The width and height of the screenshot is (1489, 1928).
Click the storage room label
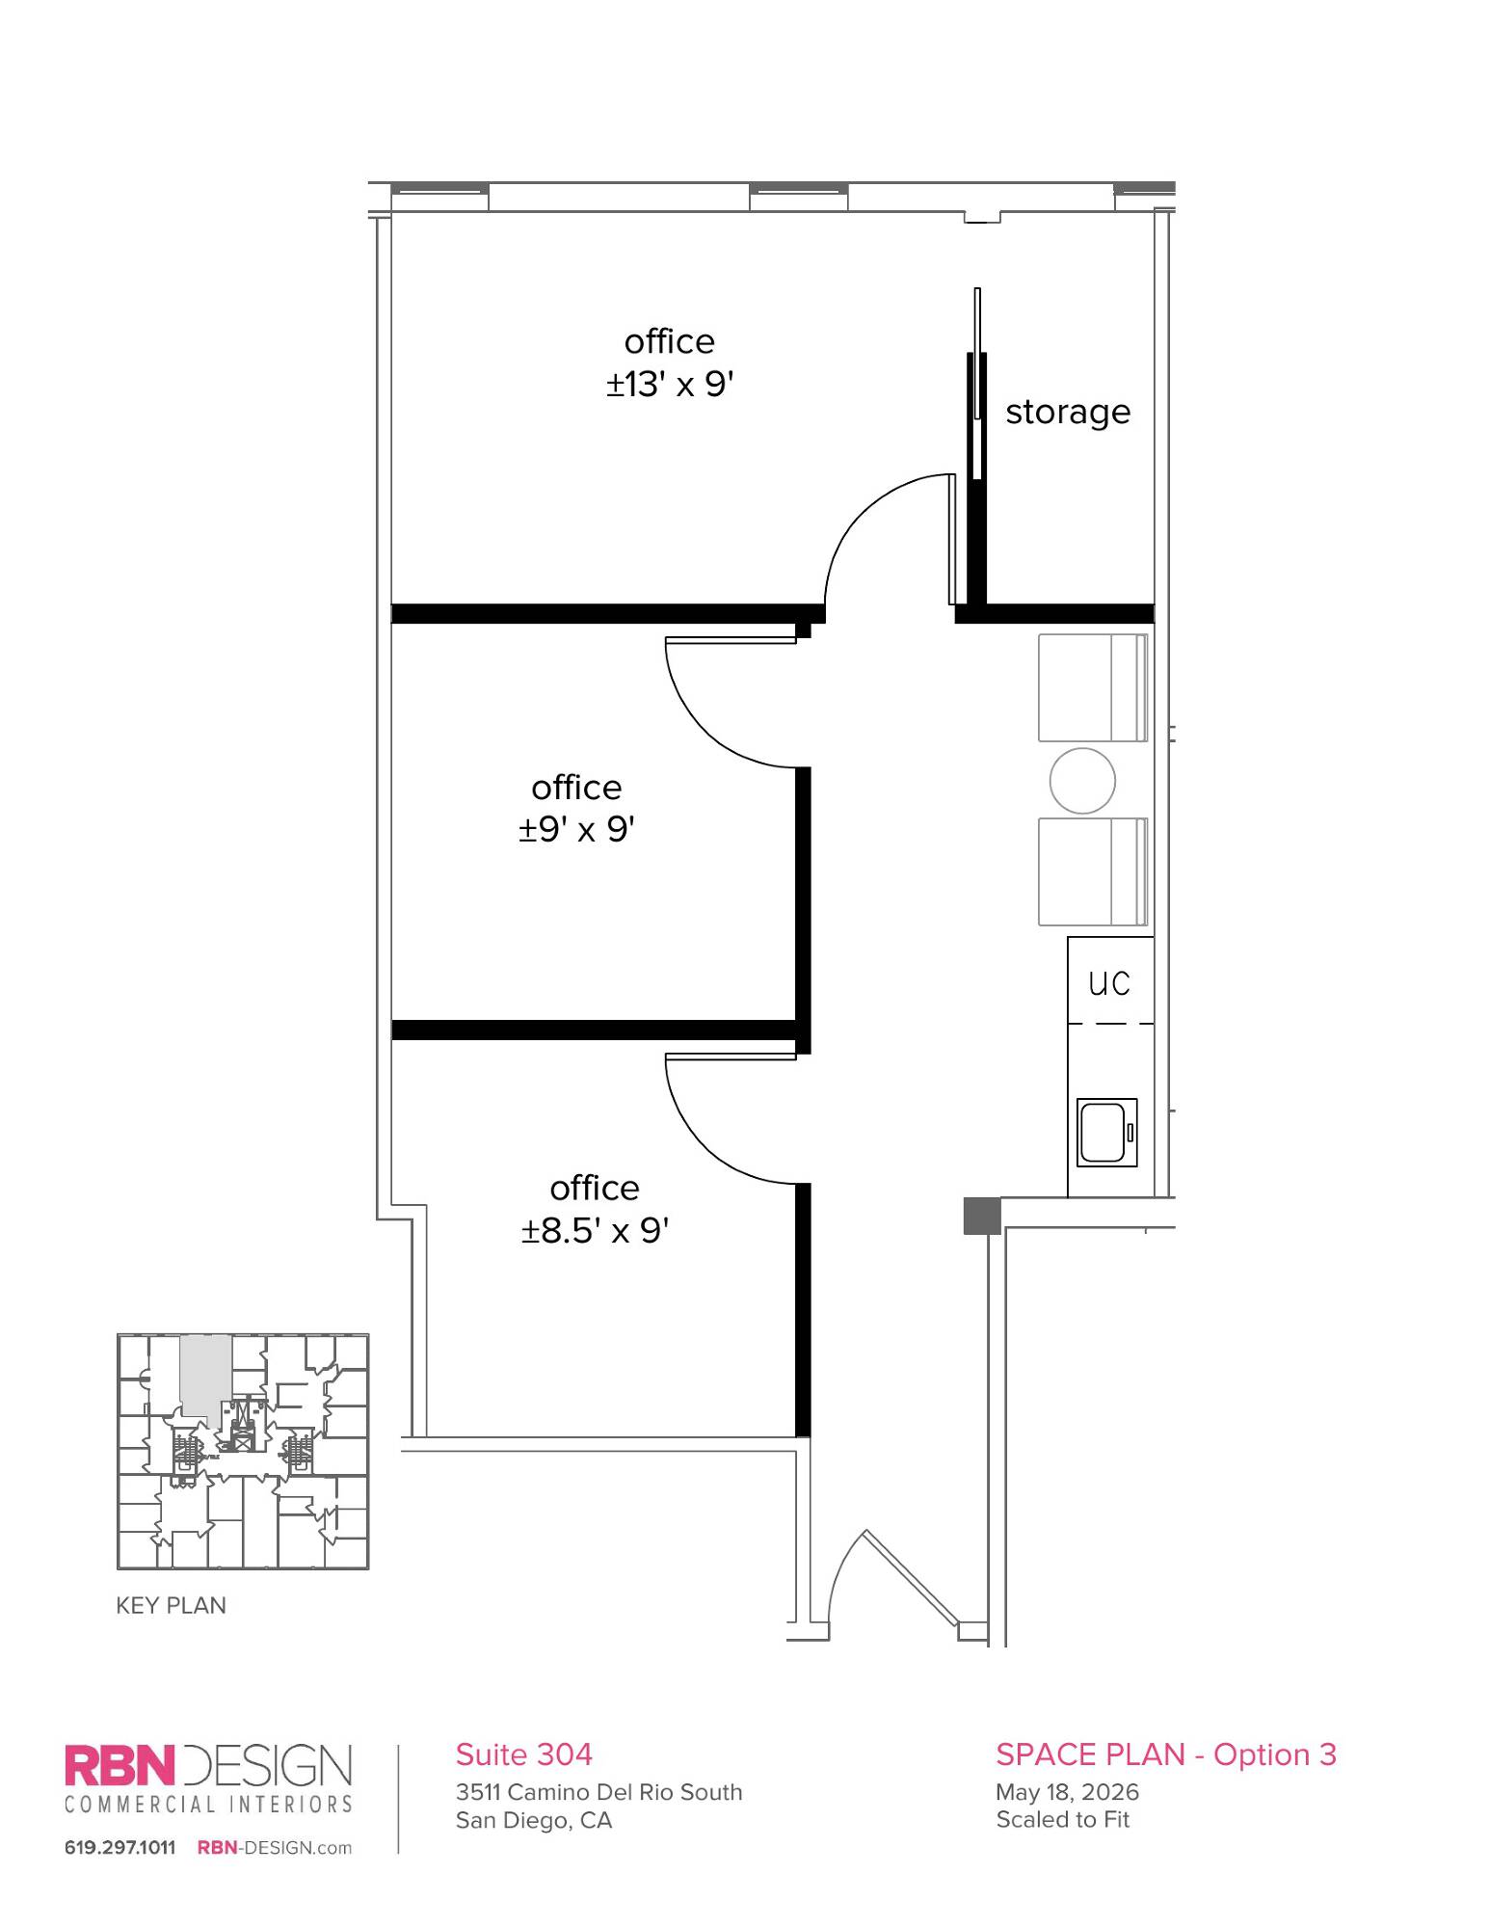coord(1068,413)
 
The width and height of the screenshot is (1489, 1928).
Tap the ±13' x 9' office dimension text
coord(670,384)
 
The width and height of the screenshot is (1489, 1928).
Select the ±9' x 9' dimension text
coord(576,829)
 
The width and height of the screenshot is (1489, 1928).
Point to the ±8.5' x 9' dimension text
coord(595,1230)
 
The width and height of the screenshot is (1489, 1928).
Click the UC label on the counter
coord(1109,983)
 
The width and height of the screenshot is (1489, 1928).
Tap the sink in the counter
coord(1106,1132)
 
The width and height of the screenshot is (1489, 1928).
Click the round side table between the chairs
coord(1082,781)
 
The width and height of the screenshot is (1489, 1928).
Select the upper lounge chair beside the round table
coord(1093,687)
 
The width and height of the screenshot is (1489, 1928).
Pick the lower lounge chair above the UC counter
coord(1093,871)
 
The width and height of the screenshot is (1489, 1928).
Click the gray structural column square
coord(982,1216)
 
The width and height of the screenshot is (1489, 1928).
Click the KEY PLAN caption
coord(171,1605)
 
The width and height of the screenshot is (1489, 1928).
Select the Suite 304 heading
coord(523,1754)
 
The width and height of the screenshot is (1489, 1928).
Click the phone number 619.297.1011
coord(120,1847)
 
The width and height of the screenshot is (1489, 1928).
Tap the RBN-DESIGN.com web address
coord(275,1847)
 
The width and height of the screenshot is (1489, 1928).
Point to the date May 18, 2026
coord(1067,1792)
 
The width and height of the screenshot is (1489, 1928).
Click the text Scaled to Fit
coord(1062,1819)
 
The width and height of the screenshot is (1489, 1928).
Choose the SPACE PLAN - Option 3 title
coord(1166,1754)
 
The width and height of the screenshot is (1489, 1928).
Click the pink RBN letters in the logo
coord(120,1765)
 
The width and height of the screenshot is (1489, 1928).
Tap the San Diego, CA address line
coord(534,1820)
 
